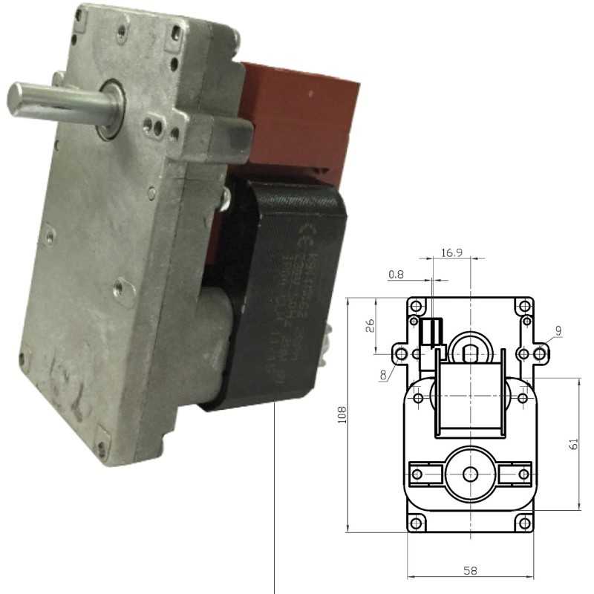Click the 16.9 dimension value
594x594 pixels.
(451, 253)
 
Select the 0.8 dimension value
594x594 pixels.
(396, 274)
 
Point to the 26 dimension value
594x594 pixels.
(371, 324)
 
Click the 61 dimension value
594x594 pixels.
(572, 444)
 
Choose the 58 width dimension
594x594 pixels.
(470, 571)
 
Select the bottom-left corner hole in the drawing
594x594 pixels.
(417, 524)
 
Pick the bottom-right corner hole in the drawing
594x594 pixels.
(524, 524)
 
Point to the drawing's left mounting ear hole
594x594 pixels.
(402, 353)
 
